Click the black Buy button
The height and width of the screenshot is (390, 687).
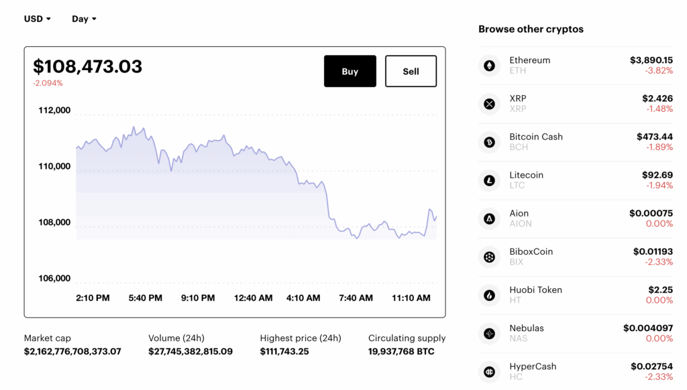tap(350, 71)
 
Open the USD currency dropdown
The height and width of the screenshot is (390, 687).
tap(38, 19)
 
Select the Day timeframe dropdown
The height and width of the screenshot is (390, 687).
tap(84, 19)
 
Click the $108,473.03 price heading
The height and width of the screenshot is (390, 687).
tap(88, 66)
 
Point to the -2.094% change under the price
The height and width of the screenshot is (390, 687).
tap(48, 83)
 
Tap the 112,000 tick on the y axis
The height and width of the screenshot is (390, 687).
tap(54, 111)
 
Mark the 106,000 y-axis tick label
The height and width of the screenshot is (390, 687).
tap(54, 278)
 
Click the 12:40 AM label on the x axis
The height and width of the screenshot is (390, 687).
tap(253, 298)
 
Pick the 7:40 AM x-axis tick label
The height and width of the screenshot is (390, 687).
tap(356, 298)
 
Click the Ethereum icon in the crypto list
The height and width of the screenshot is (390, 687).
tap(489, 66)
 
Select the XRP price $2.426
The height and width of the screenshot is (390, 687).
tap(657, 99)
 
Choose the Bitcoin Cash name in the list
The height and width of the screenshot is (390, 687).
tap(535, 137)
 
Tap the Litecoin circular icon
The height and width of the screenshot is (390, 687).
tap(489, 180)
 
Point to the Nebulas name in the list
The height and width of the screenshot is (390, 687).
tap(526, 328)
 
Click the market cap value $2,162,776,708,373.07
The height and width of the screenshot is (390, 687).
tap(72, 351)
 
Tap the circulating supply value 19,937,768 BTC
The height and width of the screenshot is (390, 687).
tap(401, 351)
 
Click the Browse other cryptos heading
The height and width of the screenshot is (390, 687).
tap(531, 29)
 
